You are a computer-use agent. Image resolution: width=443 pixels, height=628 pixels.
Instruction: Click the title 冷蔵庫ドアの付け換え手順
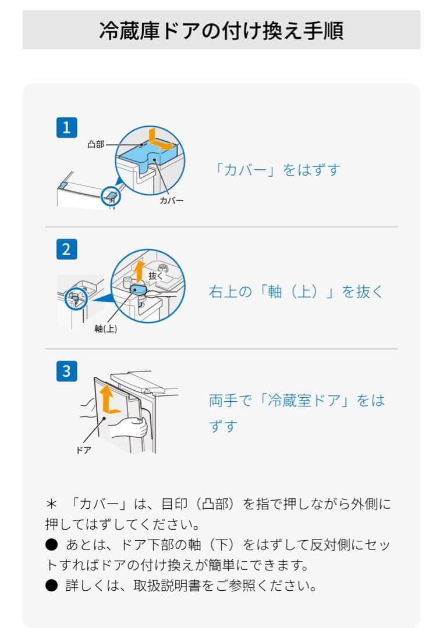tap(221, 31)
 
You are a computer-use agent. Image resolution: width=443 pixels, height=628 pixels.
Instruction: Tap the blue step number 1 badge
tap(66, 127)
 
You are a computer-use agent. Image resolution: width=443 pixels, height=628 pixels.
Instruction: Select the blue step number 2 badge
tap(66, 249)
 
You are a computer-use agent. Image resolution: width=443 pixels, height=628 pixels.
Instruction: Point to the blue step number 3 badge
tap(66, 371)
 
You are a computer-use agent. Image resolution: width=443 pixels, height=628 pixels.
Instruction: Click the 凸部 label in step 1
tap(96, 144)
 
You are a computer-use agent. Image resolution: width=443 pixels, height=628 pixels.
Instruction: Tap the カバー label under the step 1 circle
tap(172, 201)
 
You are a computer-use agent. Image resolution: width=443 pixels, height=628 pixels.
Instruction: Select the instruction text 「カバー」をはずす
tap(277, 170)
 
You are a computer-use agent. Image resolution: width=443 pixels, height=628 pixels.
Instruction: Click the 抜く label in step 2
tap(156, 276)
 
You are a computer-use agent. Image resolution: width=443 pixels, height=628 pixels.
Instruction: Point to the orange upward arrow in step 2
tap(139, 271)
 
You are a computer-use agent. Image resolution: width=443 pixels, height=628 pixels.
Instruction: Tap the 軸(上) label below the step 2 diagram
tap(106, 329)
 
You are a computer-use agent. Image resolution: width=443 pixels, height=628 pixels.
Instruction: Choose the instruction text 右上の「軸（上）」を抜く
tap(296, 291)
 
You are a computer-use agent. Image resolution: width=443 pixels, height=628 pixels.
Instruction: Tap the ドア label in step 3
tap(84, 450)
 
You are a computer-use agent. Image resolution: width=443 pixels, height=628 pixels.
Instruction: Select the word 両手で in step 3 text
tap(231, 401)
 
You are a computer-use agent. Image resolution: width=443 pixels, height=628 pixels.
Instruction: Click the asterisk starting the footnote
tap(51, 504)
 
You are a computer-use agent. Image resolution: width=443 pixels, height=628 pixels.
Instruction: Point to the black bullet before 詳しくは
tap(51, 586)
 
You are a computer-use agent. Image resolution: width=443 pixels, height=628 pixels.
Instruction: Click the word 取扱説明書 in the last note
tap(166, 586)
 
